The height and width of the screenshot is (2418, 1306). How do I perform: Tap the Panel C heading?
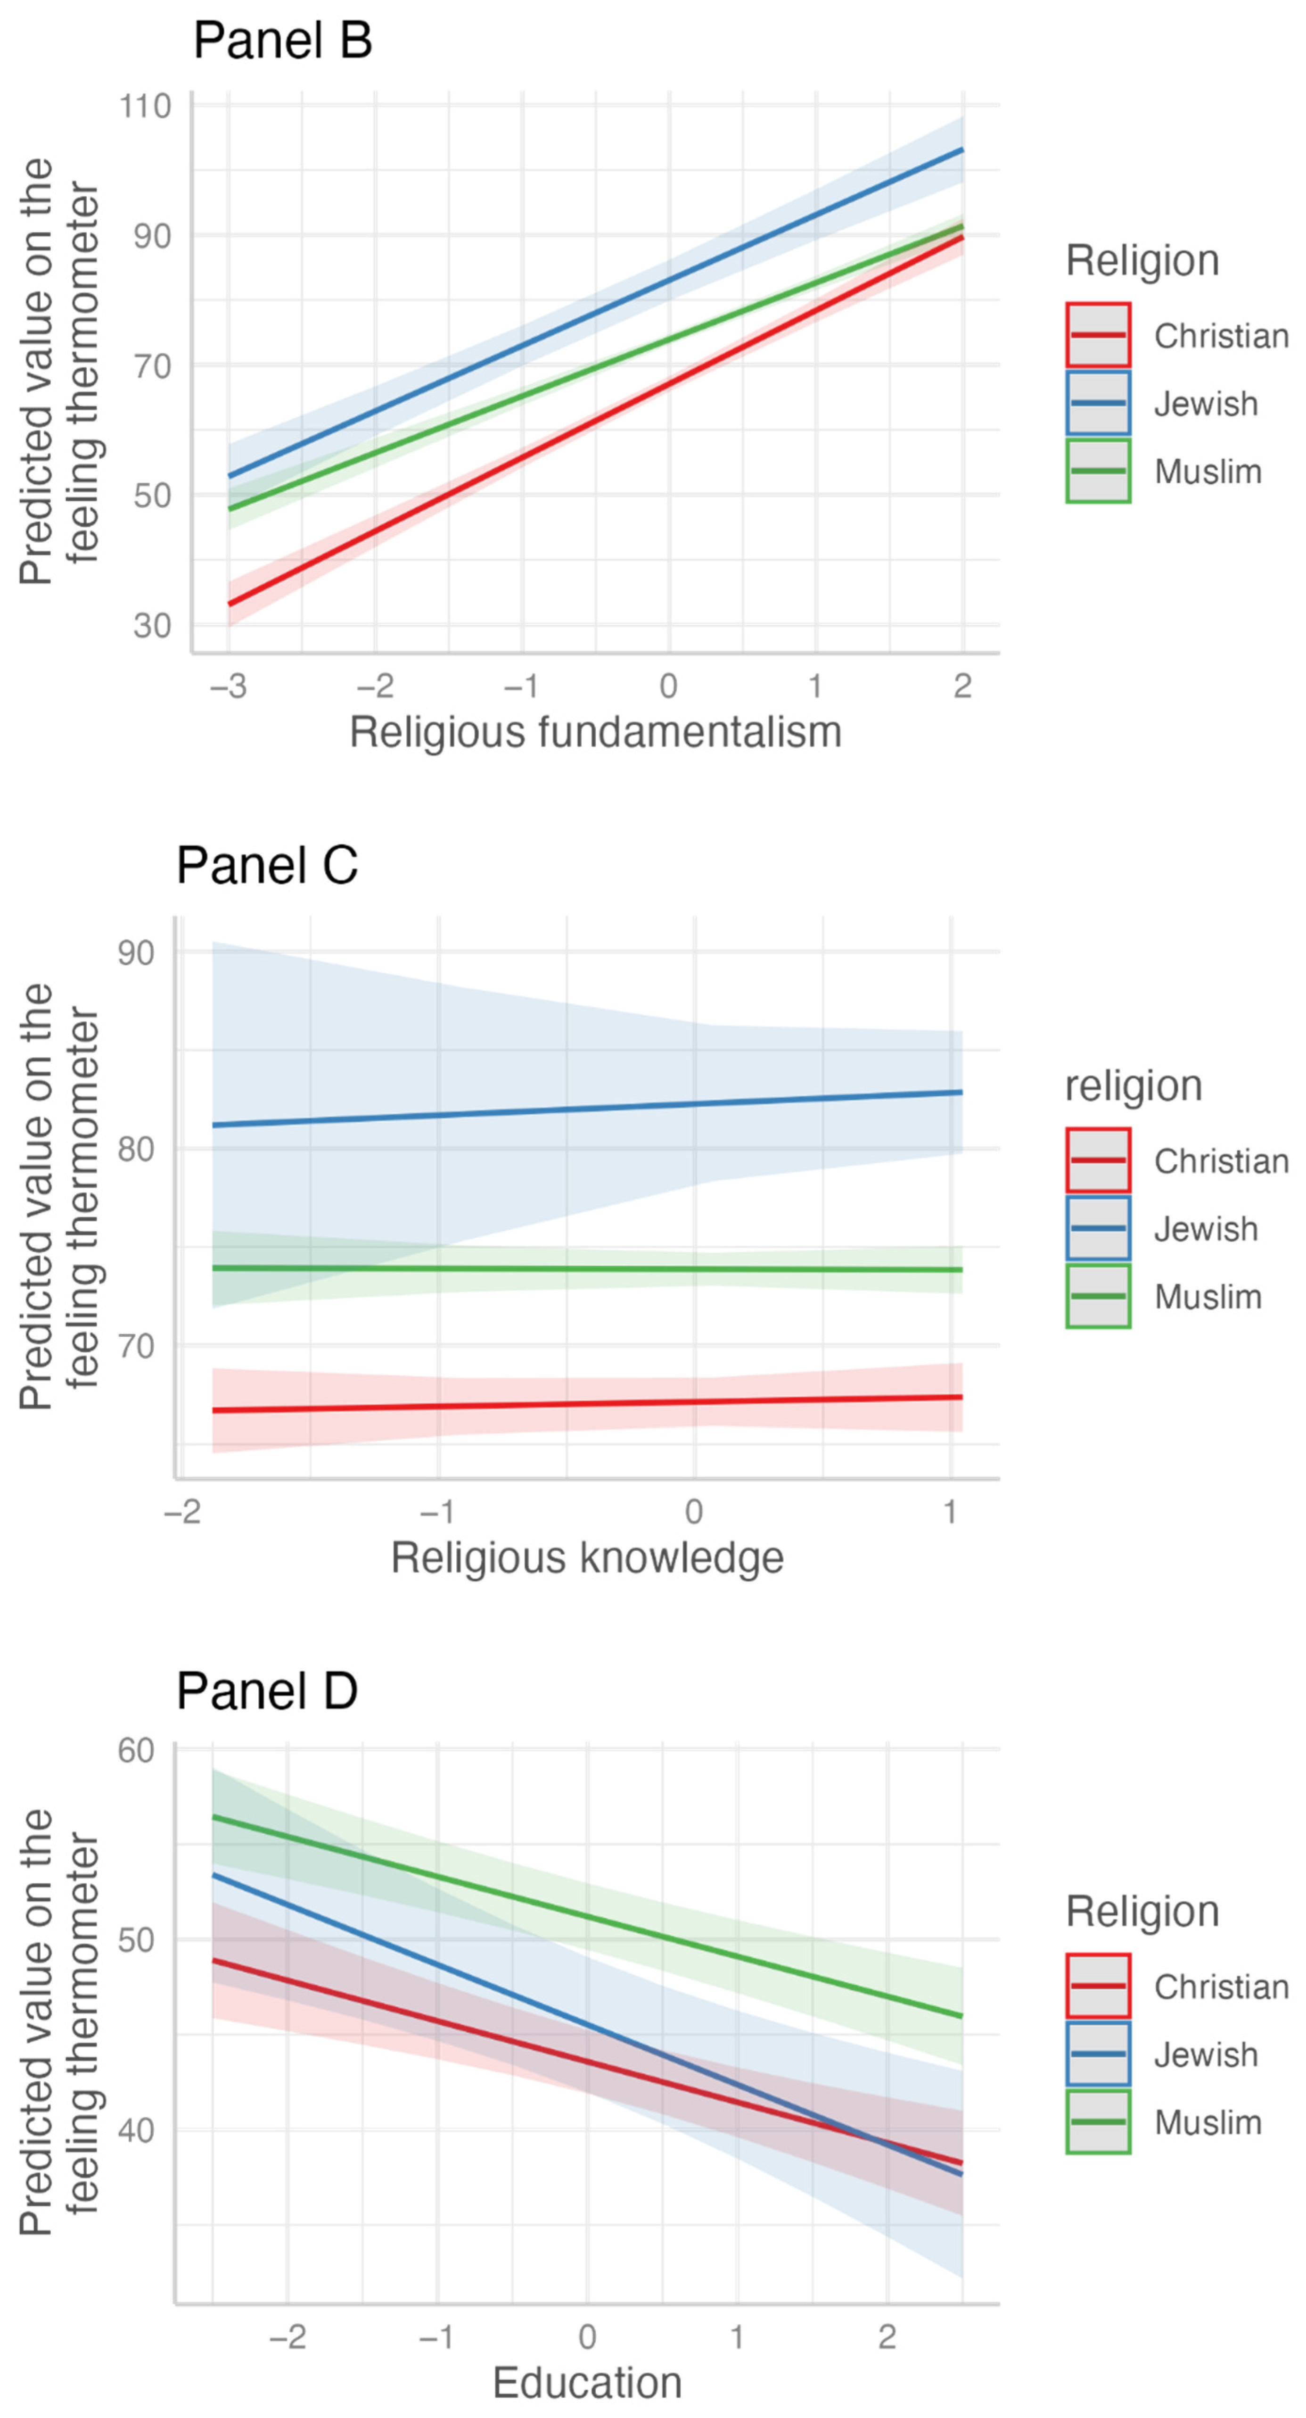coord(267,865)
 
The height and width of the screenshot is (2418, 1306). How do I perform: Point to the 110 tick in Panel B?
coord(146,106)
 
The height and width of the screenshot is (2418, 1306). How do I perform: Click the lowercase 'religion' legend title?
coord(1134,1086)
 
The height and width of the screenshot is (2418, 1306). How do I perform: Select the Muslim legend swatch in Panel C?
coord(1098,1296)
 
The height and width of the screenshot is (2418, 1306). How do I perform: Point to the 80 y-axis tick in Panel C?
coord(136,1149)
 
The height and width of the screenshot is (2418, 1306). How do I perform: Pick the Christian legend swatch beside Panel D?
coord(1098,1986)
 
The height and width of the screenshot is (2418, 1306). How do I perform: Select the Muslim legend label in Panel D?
coord(1207,2122)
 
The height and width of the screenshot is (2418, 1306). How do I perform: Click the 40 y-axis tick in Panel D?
coord(136,2130)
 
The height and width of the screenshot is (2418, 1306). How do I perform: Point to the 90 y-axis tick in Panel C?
coord(136,953)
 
